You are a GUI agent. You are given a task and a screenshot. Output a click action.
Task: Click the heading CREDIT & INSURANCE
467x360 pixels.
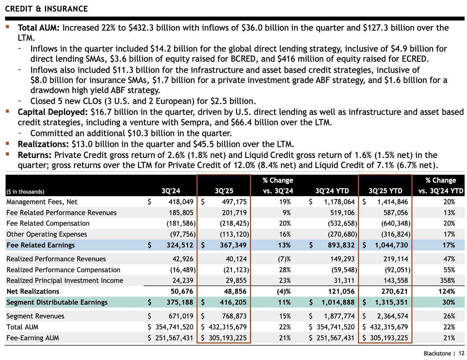coord(47,9)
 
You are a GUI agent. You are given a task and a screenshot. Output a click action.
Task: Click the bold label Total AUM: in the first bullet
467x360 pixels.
coord(38,28)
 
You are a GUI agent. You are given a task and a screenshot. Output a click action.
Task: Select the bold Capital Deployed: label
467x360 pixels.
coord(53,112)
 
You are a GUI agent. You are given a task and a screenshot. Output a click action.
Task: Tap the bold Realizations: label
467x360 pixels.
coord(43,144)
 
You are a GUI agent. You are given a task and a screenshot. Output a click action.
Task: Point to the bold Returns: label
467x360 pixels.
coord(35,155)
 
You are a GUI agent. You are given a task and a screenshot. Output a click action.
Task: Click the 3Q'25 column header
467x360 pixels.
coord(224,191)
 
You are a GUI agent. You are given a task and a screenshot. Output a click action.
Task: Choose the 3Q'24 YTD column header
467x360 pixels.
coord(332,191)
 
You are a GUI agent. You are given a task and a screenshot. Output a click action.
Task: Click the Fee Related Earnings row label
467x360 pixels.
coord(40,245)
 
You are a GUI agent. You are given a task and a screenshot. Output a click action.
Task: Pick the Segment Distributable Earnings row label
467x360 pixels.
coord(57,302)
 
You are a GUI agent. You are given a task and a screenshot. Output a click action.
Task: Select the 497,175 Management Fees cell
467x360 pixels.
coord(234,202)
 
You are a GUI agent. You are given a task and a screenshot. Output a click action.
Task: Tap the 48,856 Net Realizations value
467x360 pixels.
coord(235,291)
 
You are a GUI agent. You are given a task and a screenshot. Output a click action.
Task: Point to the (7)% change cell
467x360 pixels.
coord(284,259)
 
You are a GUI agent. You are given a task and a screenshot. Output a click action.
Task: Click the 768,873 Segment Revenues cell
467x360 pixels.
coord(234,316)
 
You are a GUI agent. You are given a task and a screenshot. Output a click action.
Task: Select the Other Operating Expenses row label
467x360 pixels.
coord(47,234)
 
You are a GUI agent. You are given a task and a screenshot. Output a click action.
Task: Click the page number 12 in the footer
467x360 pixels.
coord(461,354)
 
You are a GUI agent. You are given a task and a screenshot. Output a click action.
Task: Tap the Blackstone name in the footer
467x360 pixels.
coord(437,354)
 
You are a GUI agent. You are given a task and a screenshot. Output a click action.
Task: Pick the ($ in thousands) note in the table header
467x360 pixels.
coord(25,192)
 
